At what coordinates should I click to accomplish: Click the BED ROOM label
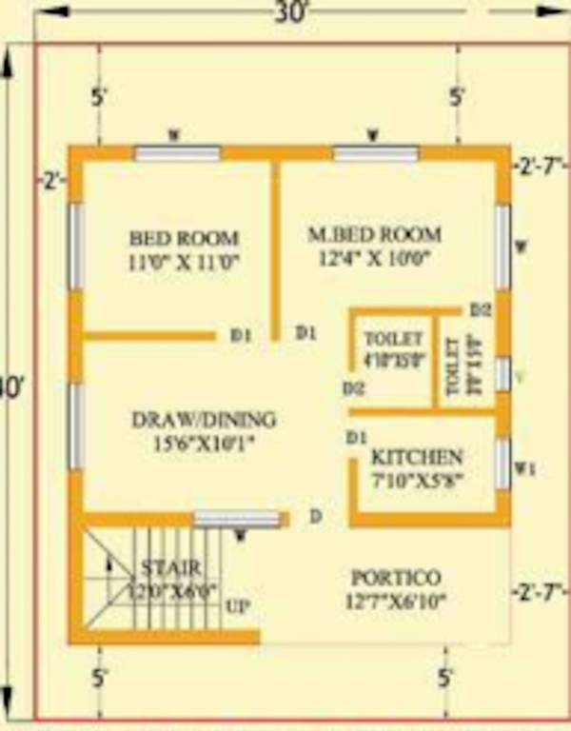click(184, 238)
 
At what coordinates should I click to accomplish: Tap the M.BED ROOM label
click(374, 234)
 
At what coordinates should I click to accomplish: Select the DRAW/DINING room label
click(204, 419)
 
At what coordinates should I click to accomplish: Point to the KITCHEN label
click(417, 457)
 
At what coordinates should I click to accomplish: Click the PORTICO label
click(396, 578)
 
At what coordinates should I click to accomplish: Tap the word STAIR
click(171, 568)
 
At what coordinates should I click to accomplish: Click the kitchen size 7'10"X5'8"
click(417, 481)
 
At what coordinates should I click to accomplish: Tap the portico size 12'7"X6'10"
click(396, 602)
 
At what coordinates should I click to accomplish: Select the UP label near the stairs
click(238, 606)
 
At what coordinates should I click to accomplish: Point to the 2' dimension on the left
click(51, 179)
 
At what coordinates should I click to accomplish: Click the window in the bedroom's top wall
click(177, 153)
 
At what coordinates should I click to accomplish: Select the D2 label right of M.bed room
click(480, 311)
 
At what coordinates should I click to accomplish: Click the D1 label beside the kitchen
click(357, 438)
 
